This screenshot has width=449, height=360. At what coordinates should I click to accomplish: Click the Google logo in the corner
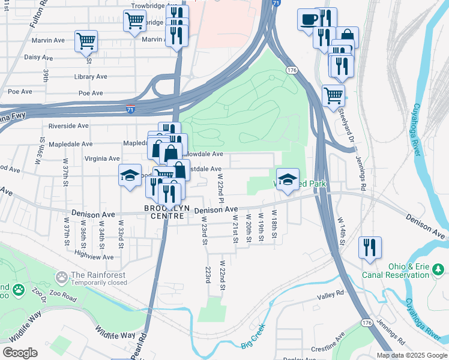[20, 353]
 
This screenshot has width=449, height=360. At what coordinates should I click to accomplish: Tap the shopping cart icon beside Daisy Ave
[86, 41]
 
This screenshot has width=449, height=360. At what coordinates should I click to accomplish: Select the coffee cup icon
[309, 19]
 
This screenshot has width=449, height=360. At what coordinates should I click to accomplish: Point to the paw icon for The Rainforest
[61, 277]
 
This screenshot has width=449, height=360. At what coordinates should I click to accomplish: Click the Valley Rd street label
[331, 295]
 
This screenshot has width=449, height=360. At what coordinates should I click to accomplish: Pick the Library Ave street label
[90, 77]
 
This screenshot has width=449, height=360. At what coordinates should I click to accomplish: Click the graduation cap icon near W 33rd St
[129, 175]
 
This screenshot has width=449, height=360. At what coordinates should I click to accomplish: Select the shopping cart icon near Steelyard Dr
[333, 95]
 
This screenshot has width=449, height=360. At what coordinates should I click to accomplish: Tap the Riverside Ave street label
[68, 126]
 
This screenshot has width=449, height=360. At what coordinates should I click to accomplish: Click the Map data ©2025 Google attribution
[411, 355]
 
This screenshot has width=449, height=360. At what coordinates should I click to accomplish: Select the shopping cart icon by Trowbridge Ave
[134, 20]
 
